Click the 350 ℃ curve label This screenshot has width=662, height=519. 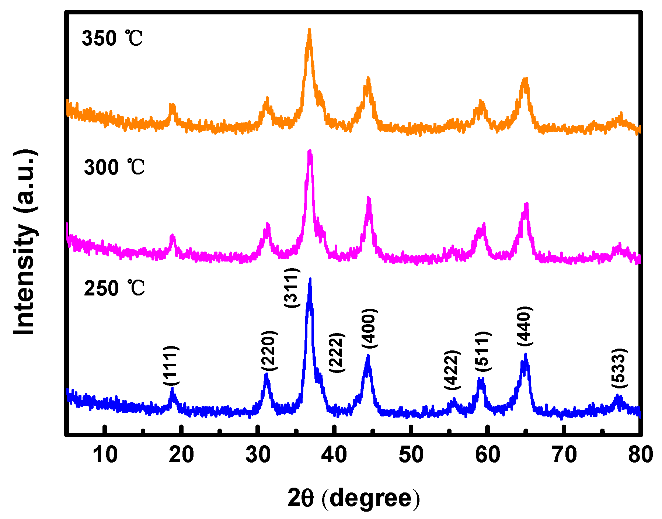tap(112, 38)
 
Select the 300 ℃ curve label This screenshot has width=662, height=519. tap(114, 167)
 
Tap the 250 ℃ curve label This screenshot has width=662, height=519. tap(114, 288)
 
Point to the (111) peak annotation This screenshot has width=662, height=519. tap(171, 366)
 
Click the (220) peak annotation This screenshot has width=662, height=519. tap(269, 351)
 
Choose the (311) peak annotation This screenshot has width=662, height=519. tap(292, 288)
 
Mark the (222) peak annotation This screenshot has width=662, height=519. tap(337, 353)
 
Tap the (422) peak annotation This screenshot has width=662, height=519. tap(452, 370)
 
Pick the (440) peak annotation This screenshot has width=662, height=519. tap(524, 326)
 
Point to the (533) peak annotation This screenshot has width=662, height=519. tap(619, 368)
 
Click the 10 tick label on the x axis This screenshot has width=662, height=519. tap(105, 454)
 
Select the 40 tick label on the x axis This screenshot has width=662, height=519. tap(334, 454)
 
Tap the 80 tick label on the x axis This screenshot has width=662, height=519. tap(641, 454)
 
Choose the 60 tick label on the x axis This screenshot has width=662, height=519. tap(487, 454)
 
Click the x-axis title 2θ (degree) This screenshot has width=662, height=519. tap(353, 499)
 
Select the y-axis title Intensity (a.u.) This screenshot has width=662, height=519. tap(25, 242)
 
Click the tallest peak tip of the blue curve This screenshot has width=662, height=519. tap(310, 279)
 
